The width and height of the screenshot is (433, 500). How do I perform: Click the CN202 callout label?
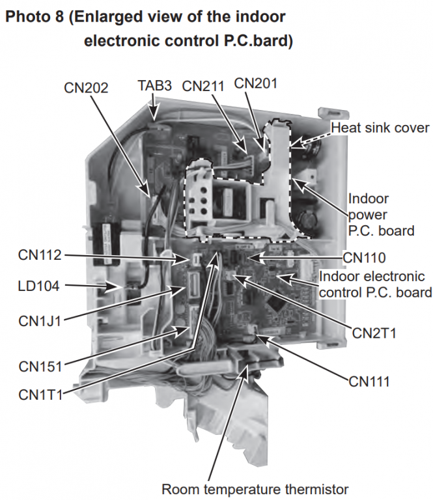(x=86, y=88)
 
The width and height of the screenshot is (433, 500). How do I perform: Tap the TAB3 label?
(x=155, y=85)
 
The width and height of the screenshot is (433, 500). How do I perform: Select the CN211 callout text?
(x=203, y=86)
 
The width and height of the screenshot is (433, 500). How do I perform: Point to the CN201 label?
(x=256, y=83)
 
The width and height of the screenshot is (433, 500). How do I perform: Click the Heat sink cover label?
(x=380, y=128)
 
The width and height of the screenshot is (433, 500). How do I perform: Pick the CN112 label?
(x=40, y=255)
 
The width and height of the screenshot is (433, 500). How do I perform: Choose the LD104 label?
(x=38, y=286)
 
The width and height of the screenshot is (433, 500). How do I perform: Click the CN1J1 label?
(x=40, y=321)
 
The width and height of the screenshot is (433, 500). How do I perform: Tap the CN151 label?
(x=40, y=367)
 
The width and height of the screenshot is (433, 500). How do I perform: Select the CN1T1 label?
(x=40, y=395)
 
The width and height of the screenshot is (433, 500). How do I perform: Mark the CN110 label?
(x=364, y=258)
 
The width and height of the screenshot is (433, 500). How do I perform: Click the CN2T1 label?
(x=374, y=333)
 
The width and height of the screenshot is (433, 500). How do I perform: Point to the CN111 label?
(x=369, y=382)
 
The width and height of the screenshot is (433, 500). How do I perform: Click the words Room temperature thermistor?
(x=255, y=489)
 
